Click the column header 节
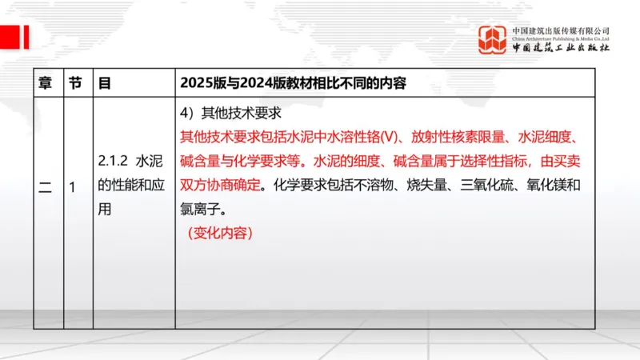point(75,82)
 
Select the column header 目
point(104,82)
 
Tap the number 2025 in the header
point(198,82)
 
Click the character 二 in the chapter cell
point(45,189)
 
